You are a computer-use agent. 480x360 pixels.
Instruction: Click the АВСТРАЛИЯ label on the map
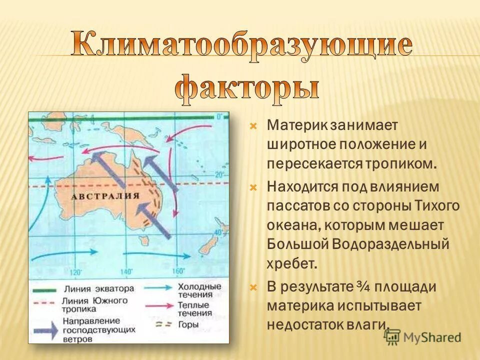[x=105, y=196]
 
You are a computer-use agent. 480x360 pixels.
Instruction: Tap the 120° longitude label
[x=75, y=272]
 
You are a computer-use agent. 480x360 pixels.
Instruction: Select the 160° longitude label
[x=178, y=271]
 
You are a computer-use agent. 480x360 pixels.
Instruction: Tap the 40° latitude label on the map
[x=218, y=233]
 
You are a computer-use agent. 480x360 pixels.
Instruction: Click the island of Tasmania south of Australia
[x=145, y=239]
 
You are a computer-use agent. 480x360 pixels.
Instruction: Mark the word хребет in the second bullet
[x=292, y=264]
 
